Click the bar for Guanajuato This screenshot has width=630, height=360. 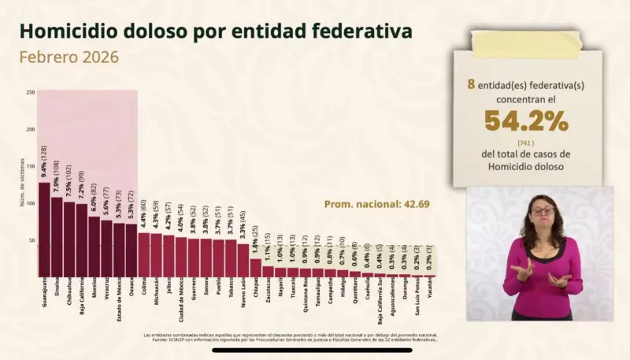tap(44, 229)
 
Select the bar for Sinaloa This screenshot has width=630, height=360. tap(57, 236)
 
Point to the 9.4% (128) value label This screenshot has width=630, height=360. tap(44, 162)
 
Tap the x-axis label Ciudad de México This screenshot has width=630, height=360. tap(182, 299)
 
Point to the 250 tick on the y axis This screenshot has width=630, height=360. tap(30, 93)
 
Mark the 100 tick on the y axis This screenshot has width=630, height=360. tap(30, 203)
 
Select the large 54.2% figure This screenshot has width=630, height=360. tap(526, 121)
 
